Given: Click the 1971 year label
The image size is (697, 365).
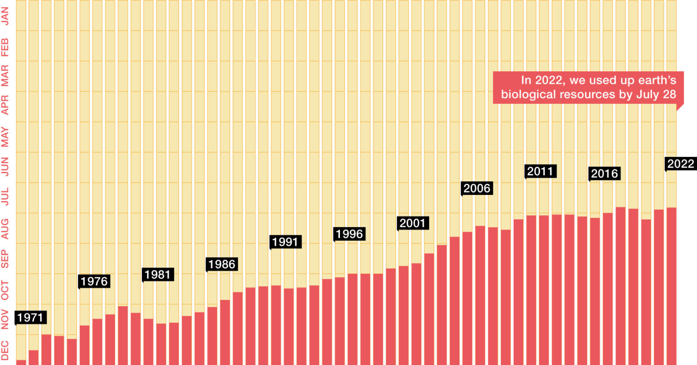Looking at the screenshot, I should pos(30,318).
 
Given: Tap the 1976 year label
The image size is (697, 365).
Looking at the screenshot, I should pos(94,282).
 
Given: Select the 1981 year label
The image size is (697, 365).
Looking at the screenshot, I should pos(157,275).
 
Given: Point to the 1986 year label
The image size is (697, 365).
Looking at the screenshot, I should pos(221,264).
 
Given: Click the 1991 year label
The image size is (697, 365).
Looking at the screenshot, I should pos(285,242).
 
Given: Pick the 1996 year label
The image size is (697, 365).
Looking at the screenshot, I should pos(349,234).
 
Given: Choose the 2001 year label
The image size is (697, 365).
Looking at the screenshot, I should pos(412,223).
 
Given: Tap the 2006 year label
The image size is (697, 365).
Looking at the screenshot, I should pos(476,188).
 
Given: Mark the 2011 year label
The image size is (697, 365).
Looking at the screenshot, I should pos(540,171).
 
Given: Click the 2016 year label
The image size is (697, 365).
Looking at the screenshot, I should pos(604,174).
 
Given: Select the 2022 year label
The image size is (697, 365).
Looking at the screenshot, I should pos(681,164).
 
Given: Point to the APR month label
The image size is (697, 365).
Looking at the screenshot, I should pos(5,104).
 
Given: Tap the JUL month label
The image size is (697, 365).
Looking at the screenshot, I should pos(5,196).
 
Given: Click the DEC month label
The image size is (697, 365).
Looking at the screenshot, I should pos(5,350).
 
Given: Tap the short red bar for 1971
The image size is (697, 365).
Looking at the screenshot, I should pos(21,362).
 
